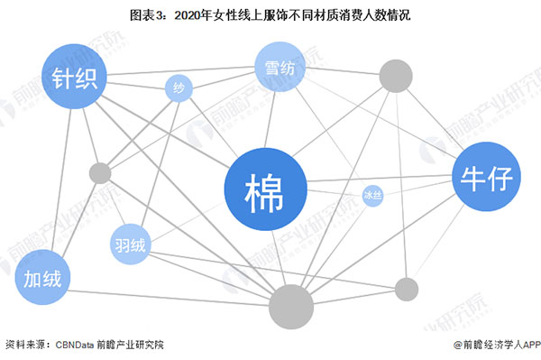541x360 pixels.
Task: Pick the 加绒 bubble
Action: click(x=43, y=280)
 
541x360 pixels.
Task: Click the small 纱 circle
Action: click(x=179, y=88)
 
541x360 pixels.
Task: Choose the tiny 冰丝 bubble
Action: click(x=372, y=195)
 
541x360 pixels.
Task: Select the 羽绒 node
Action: click(x=132, y=244)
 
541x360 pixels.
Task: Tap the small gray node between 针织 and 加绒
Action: click(x=99, y=172)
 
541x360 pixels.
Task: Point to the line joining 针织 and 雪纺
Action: click(x=180, y=71)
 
